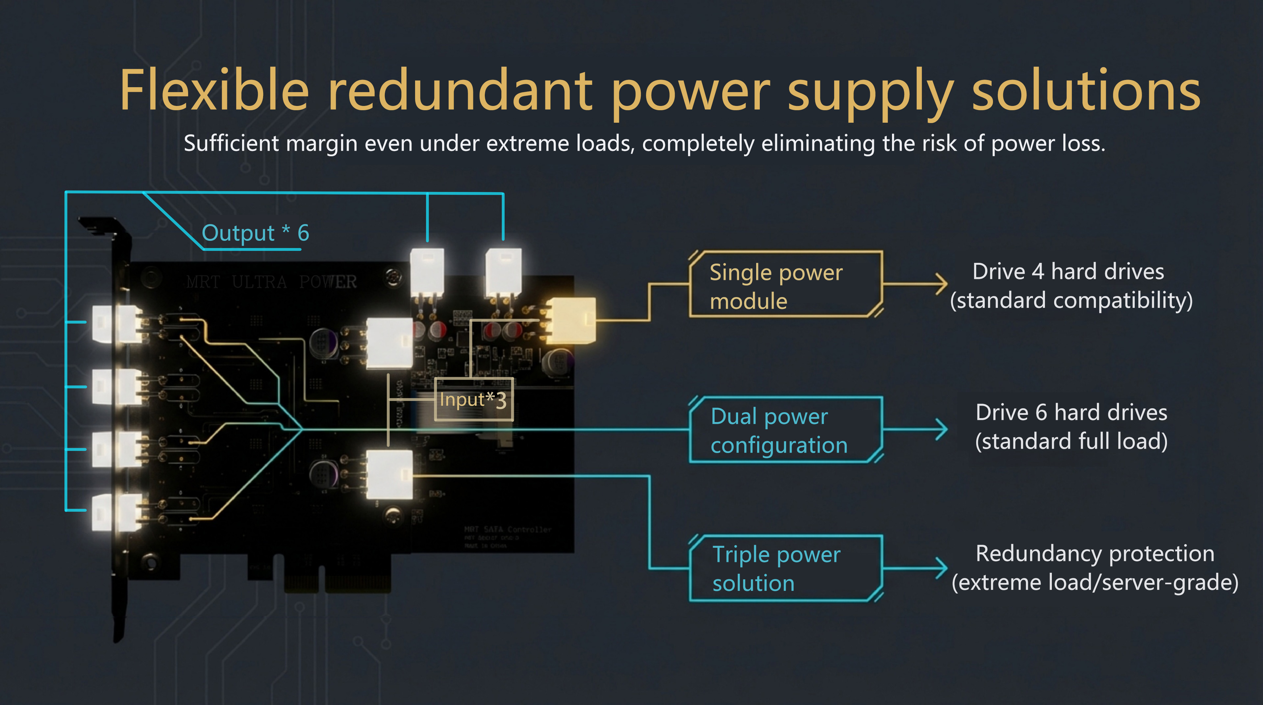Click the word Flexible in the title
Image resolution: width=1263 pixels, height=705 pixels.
214,91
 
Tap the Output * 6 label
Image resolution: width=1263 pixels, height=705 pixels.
255,233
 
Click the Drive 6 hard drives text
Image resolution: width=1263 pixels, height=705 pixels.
1071,412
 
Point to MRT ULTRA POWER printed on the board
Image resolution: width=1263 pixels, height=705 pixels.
271,282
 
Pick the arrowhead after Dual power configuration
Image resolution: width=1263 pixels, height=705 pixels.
941,429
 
